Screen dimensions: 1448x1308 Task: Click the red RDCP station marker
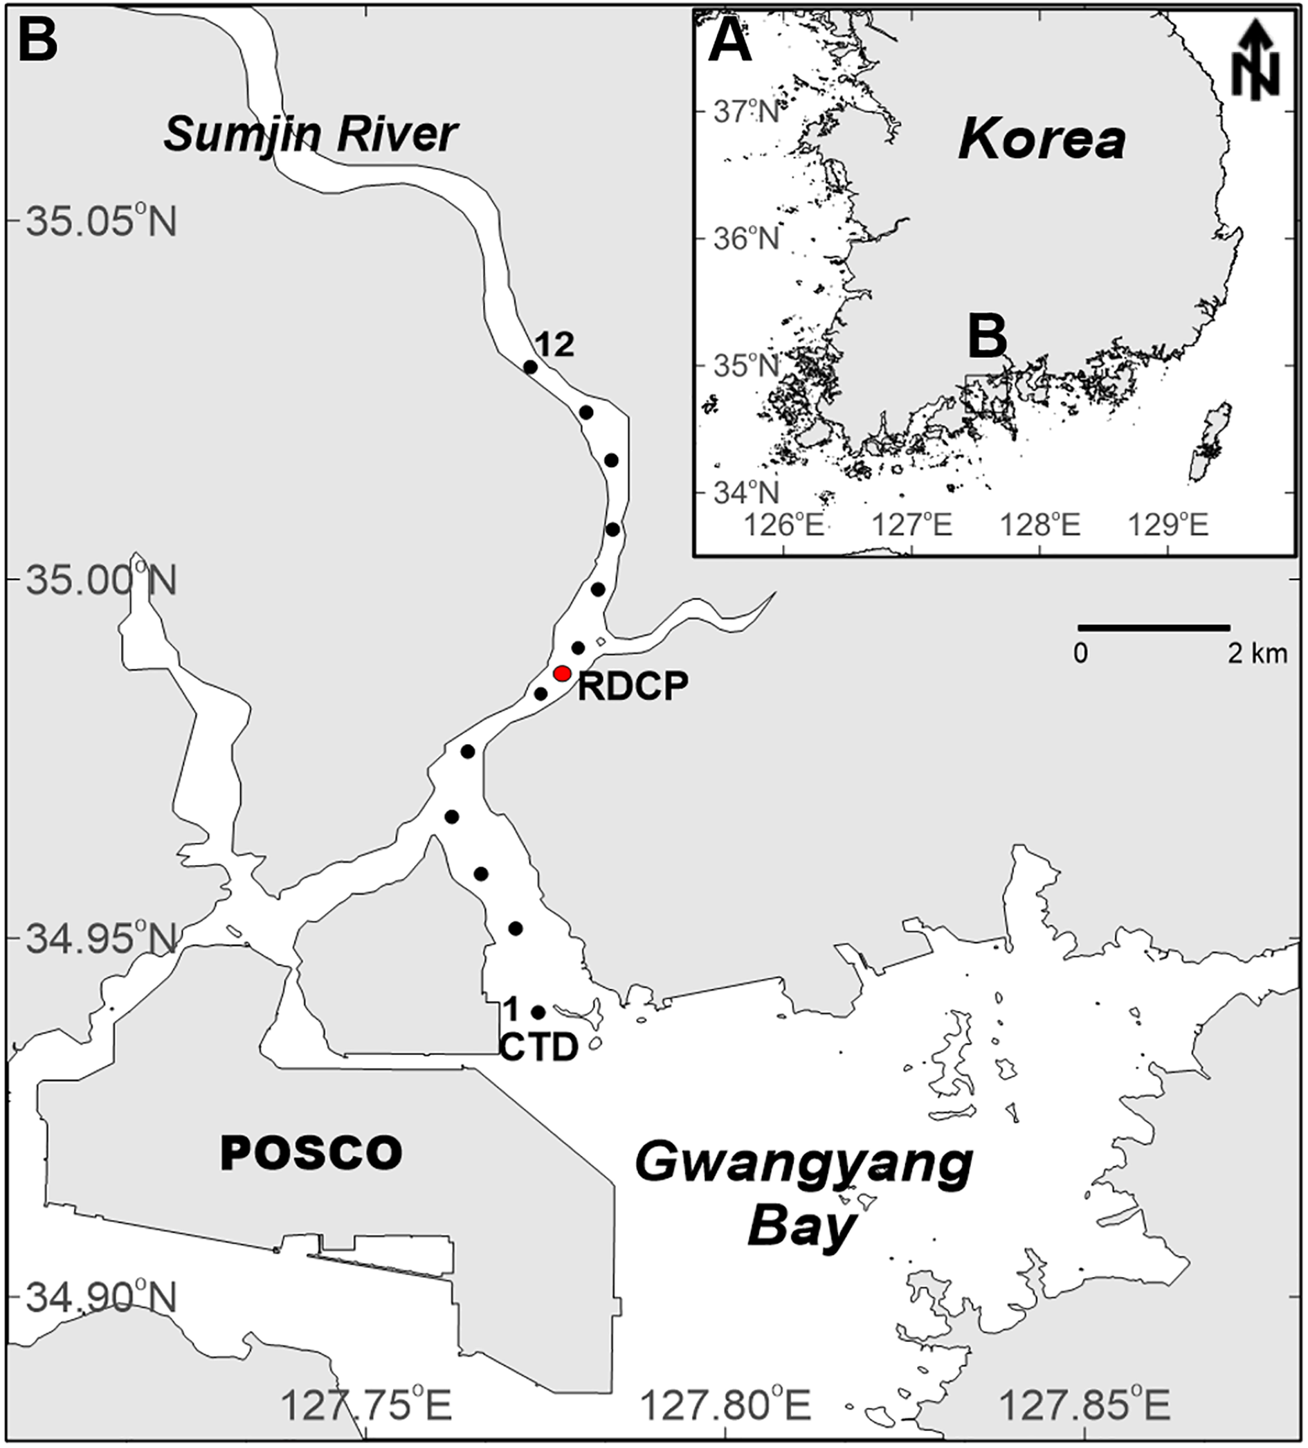click(x=563, y=673)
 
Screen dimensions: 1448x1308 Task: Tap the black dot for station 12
click(x=530, y=367)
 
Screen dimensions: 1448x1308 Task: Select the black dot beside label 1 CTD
click(x=538, y=1012)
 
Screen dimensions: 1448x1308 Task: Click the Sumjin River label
click(x=310, y=134)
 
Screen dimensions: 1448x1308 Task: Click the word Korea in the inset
click(x=1042, y=141)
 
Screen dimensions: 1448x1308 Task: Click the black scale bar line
click(x=1154, y=628)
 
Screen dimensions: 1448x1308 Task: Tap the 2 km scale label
click(x=1257, y=653)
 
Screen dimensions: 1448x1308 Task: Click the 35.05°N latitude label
click(x=100, y=222)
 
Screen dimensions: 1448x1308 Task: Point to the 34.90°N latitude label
click(x=100, y=1297)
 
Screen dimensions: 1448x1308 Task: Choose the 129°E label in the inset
click(x=1168, y=525)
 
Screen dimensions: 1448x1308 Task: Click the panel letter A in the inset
click(x=729, y=44)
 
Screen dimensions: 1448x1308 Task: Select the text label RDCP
click(x=633, y=686)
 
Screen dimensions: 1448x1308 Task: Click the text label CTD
click(x=538, y=1048)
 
